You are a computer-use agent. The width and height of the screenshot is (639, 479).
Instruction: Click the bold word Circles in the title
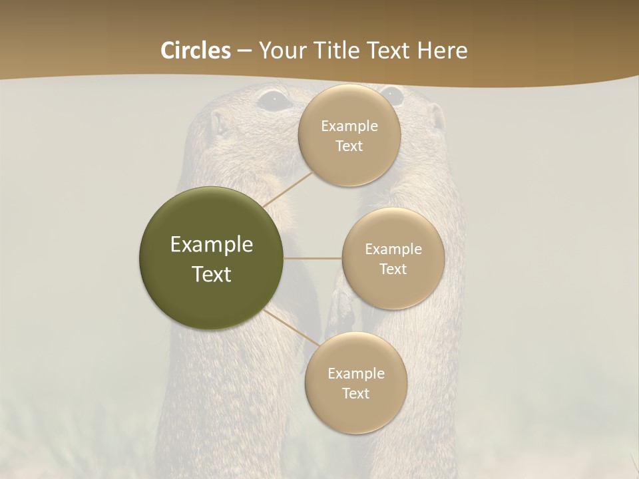point(196,51)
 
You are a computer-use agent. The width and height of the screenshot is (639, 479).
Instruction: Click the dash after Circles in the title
point(244,51)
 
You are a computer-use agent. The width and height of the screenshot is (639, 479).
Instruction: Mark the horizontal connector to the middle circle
point(313,258)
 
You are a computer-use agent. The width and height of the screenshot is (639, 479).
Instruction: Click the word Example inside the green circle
point(212,245)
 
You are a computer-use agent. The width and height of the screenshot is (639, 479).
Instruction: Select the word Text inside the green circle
point(212,274)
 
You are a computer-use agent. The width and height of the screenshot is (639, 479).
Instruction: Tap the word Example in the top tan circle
point(349,126)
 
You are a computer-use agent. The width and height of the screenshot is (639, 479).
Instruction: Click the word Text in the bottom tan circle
point(355,394)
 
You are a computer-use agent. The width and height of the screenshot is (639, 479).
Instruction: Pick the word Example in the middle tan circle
point(393,249)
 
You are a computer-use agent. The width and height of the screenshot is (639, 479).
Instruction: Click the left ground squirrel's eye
point(274,100)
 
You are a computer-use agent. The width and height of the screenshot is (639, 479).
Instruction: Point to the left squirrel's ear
point(217,124)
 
